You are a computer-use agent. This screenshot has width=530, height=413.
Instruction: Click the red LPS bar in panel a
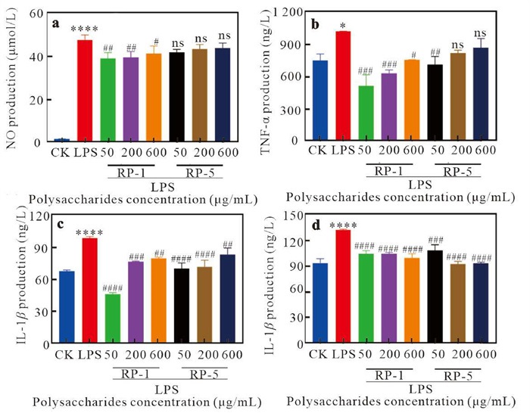(x=85, y=91)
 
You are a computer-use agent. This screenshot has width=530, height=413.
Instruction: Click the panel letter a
(x=55, y=23)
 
